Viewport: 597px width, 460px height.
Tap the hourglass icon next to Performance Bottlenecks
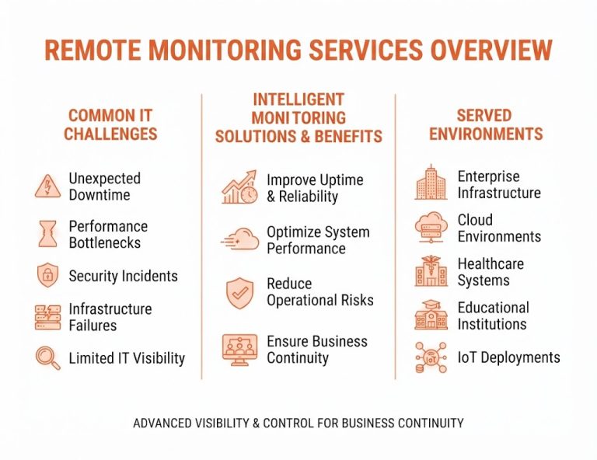47,234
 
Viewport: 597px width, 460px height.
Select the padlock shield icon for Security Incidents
48,275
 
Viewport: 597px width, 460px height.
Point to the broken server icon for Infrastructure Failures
48,317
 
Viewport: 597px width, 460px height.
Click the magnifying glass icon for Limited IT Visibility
48,357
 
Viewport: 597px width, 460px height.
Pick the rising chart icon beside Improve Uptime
240,186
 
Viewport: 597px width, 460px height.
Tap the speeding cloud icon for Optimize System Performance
240,239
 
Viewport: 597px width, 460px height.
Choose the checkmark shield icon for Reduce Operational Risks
240,293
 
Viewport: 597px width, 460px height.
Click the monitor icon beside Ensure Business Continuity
240,350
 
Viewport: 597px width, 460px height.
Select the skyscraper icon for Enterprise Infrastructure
431,183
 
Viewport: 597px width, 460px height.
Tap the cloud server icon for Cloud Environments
431,228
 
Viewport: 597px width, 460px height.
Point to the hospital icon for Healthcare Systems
431,271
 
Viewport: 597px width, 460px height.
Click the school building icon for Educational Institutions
431,315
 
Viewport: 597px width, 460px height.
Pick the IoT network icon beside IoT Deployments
431,357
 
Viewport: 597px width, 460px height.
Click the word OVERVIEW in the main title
491,50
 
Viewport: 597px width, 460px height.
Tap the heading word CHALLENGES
110,134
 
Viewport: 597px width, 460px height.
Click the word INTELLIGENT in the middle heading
298,99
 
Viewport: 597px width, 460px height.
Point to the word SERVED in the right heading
484,116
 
